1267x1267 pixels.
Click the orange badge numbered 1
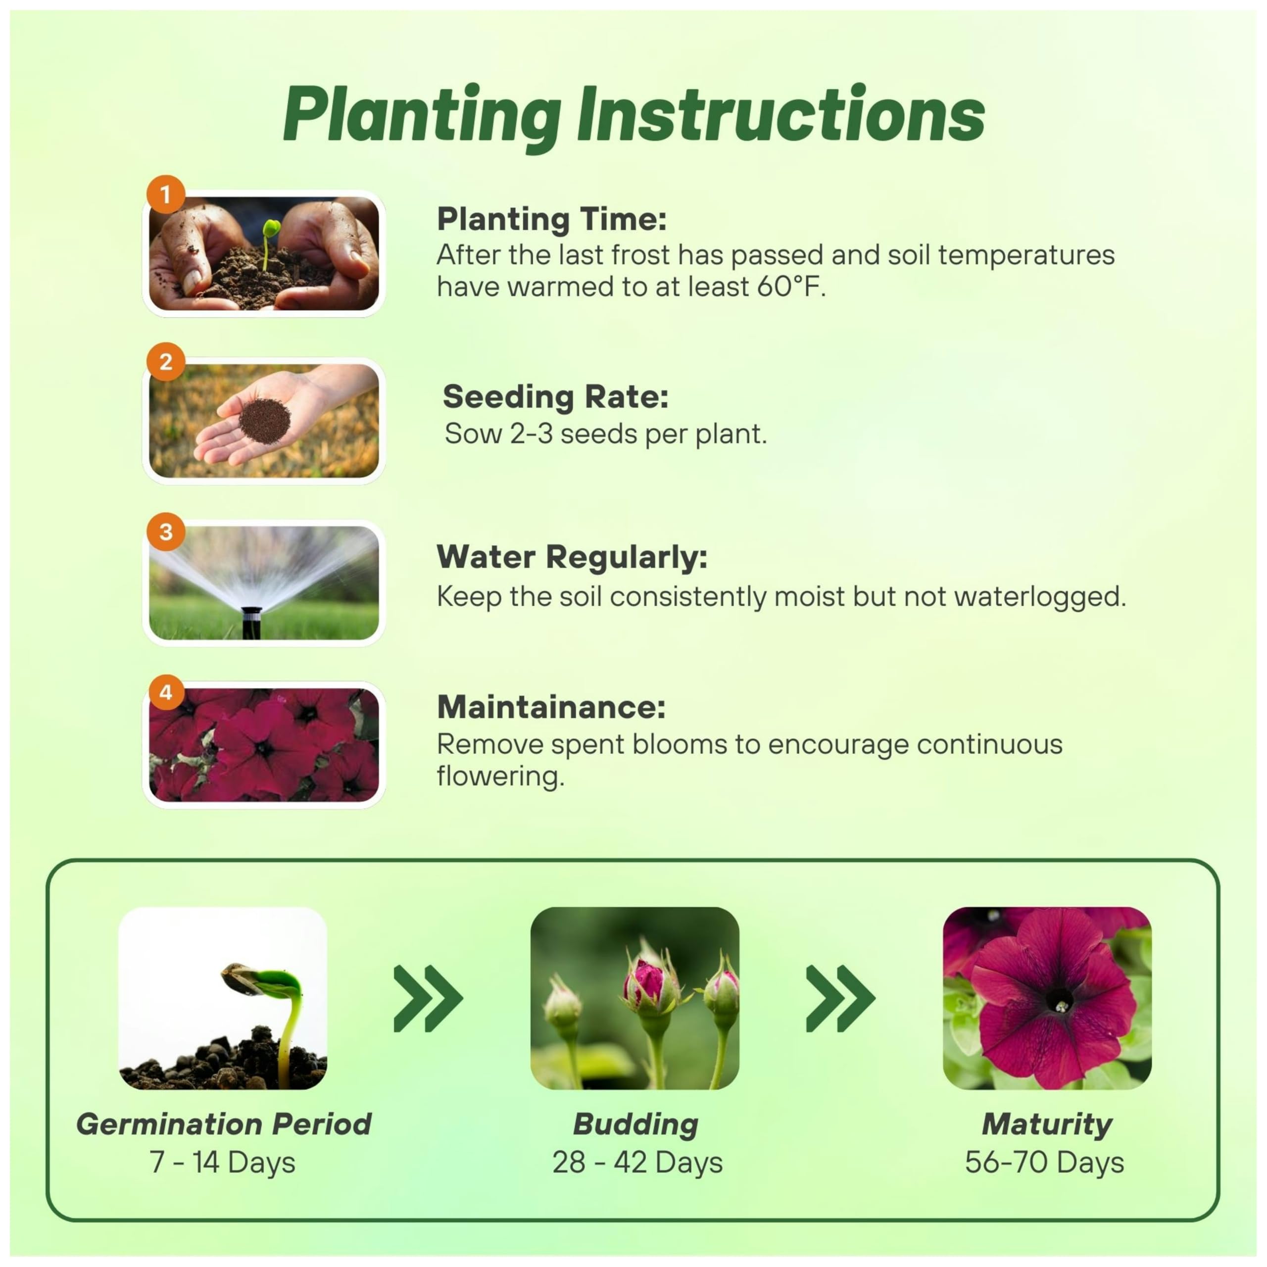[x=166, y=194]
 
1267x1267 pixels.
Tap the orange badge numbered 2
[x=166, y=361]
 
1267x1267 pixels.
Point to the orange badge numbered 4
[x=166, y=692]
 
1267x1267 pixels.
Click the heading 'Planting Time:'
[x=551, y=219]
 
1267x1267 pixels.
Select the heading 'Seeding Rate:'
[x=555, y=397]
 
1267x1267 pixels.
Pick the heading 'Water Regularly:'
[x=572, y=557]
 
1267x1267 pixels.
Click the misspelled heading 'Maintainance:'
[x=551, y=707]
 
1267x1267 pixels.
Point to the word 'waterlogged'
[x=1039, y=597]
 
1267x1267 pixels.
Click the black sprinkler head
[x=251, y=622]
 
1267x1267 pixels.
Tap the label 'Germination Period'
[x=224, y=1124]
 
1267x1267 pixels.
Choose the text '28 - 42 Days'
[x=637, y=1163]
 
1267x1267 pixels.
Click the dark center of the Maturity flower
[x=1060, y=1002]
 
